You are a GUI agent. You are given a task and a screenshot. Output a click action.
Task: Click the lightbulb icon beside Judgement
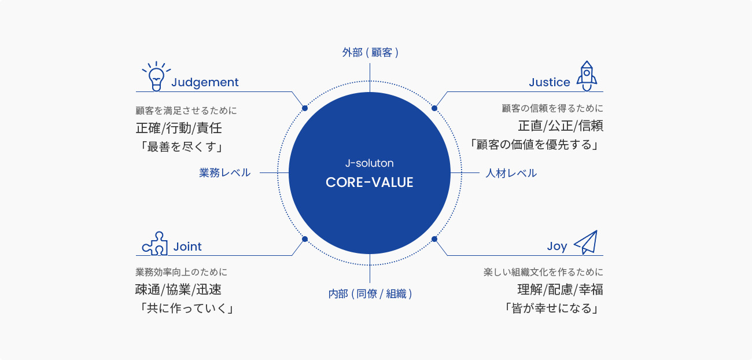coord(156,76)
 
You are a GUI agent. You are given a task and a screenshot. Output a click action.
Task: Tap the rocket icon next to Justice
coord(587,76)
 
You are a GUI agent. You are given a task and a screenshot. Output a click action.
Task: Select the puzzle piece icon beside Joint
coord(155,244)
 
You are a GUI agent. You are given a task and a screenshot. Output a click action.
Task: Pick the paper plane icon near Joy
coord(586,242)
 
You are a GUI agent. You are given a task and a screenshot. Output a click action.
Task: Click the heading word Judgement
coord(205,83)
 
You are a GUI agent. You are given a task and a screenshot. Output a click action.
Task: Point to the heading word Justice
coord(549,82)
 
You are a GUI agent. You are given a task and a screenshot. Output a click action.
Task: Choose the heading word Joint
coord(187,247)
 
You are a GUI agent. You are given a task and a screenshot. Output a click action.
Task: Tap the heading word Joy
coord(557,247)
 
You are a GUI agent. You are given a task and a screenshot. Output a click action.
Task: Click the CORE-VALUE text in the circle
coord(369,182)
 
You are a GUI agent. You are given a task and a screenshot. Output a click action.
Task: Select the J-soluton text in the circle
coord(369,163)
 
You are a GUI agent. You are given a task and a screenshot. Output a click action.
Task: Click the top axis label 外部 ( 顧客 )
coord(370,53)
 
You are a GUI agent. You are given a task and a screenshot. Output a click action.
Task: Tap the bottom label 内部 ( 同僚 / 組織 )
coord(370,294)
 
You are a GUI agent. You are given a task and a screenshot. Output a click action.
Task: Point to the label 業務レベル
coord(224,172)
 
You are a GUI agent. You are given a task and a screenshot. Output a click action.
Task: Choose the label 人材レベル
coord(511,173)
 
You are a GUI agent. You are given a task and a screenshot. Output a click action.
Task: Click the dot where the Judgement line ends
coord(305,108)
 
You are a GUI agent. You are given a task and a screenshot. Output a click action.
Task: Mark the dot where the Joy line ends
coord(434,239)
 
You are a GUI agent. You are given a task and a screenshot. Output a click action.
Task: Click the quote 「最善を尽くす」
coord(181,147)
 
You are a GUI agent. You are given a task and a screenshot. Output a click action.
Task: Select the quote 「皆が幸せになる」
coord(552,308)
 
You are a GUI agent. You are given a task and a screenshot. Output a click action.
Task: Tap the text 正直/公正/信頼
coord(561,126)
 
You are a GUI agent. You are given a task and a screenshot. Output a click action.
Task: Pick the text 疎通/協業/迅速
coord(178,289)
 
